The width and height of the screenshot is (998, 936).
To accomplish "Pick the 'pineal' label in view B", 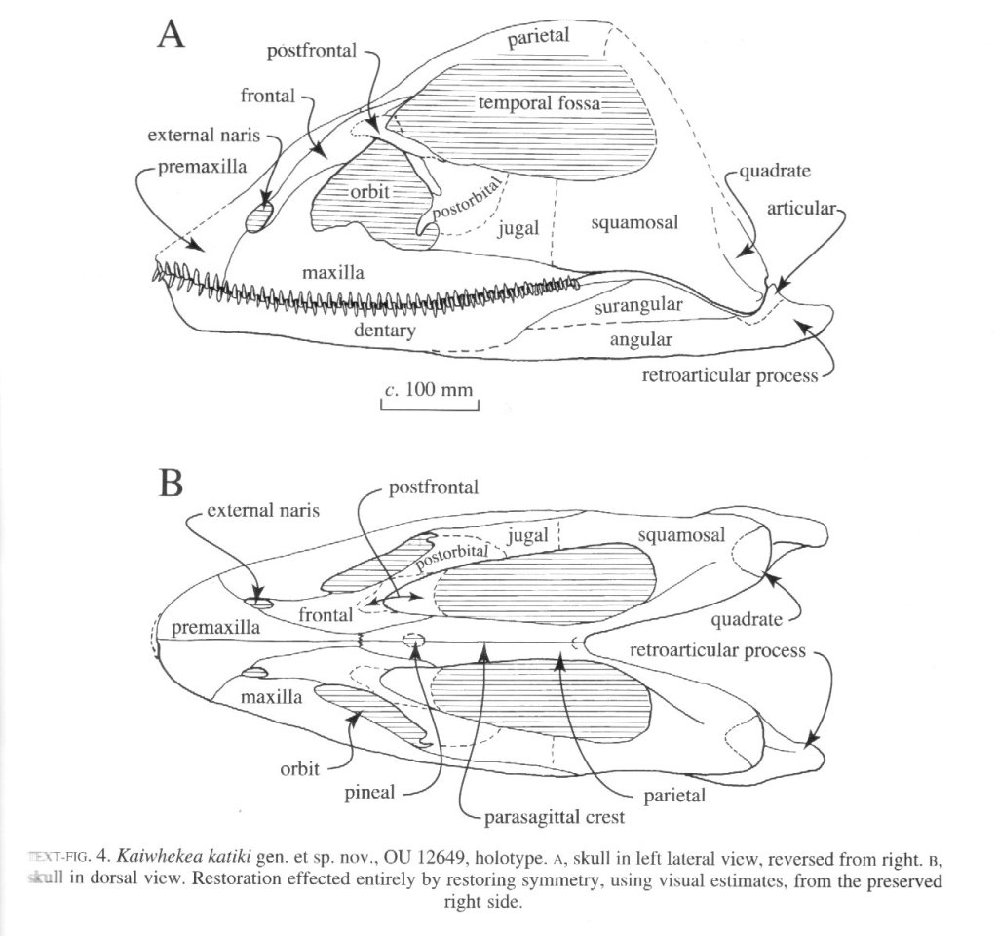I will click(x=369, y=792).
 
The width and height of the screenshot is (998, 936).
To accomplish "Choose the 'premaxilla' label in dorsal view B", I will click(x=216, y=629).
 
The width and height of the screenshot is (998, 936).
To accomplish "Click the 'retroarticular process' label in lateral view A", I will click(x=729, y=375).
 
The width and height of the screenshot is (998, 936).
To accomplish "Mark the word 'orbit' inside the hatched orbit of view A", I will click(x=369, y=192).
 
